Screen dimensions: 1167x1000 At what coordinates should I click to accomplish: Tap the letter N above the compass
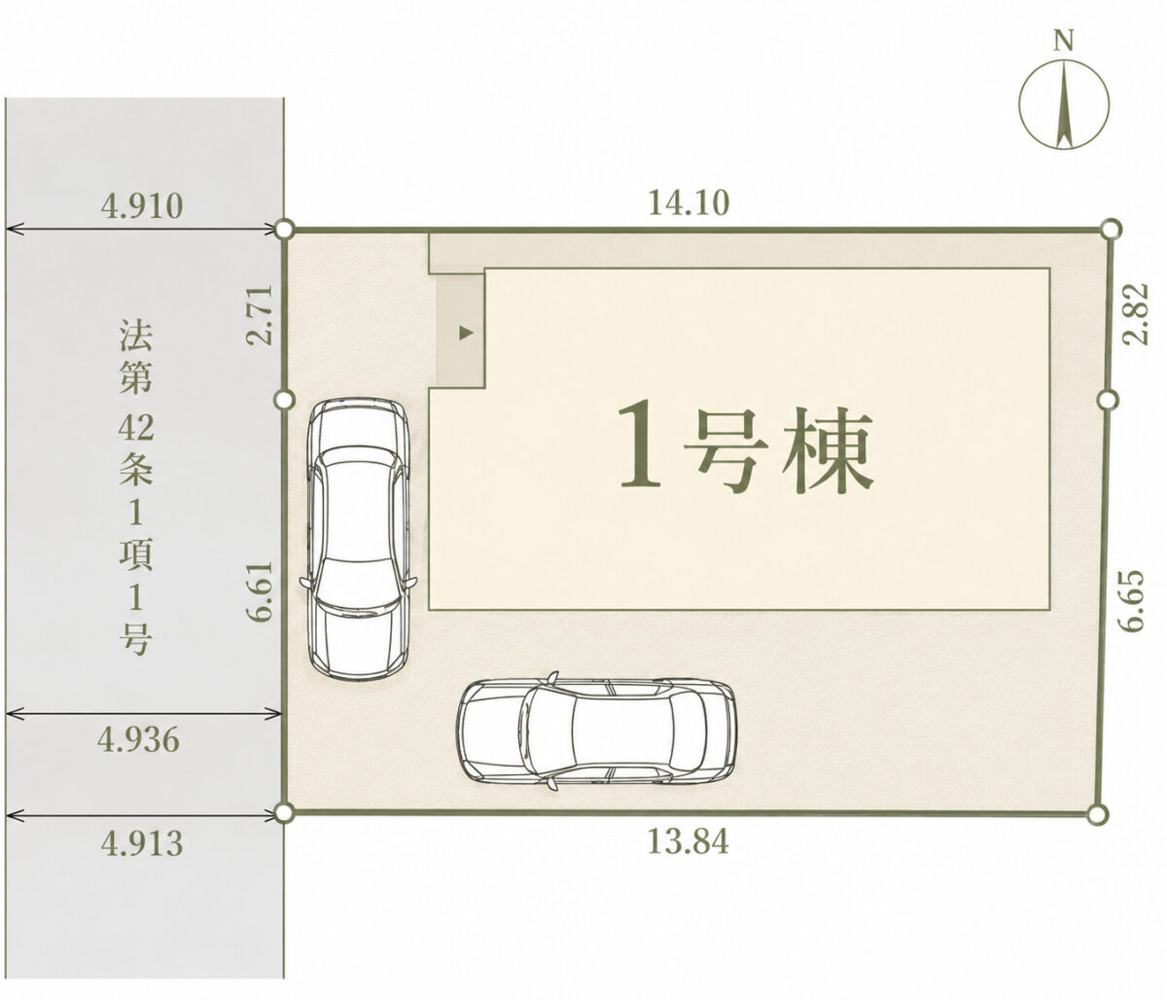click(1064, 41)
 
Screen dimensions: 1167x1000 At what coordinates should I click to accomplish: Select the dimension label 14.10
click(689, 202)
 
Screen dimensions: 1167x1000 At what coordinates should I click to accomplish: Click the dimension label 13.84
click(688, 841)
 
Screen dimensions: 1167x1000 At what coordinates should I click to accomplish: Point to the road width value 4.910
click(142, 205)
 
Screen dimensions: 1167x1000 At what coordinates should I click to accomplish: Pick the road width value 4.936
click(138, 739)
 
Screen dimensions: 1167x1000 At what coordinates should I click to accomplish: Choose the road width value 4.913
click(142, 844)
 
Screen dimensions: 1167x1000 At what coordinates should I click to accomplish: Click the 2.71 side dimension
click(259, 314)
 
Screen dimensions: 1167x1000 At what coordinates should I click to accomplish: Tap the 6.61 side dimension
click(263, 591)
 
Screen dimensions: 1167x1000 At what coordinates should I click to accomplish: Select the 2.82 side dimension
click(1135, 313)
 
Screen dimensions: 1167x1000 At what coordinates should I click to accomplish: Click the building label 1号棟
click(745, 447)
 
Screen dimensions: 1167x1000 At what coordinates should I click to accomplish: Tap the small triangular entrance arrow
click(466, 333)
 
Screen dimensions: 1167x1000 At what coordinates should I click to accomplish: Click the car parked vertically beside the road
click(358, 539)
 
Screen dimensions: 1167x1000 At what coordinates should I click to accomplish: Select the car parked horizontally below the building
click(597, 731)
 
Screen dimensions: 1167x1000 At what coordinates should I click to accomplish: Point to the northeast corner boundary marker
click(1112, 229)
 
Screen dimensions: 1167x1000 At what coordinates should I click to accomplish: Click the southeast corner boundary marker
click(1096, 814)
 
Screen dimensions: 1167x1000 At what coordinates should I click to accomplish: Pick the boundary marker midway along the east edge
click(1109, 399)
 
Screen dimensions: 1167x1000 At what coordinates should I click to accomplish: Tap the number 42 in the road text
click(135, 428)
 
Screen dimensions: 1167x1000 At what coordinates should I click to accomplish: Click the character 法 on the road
click(135, 335)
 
